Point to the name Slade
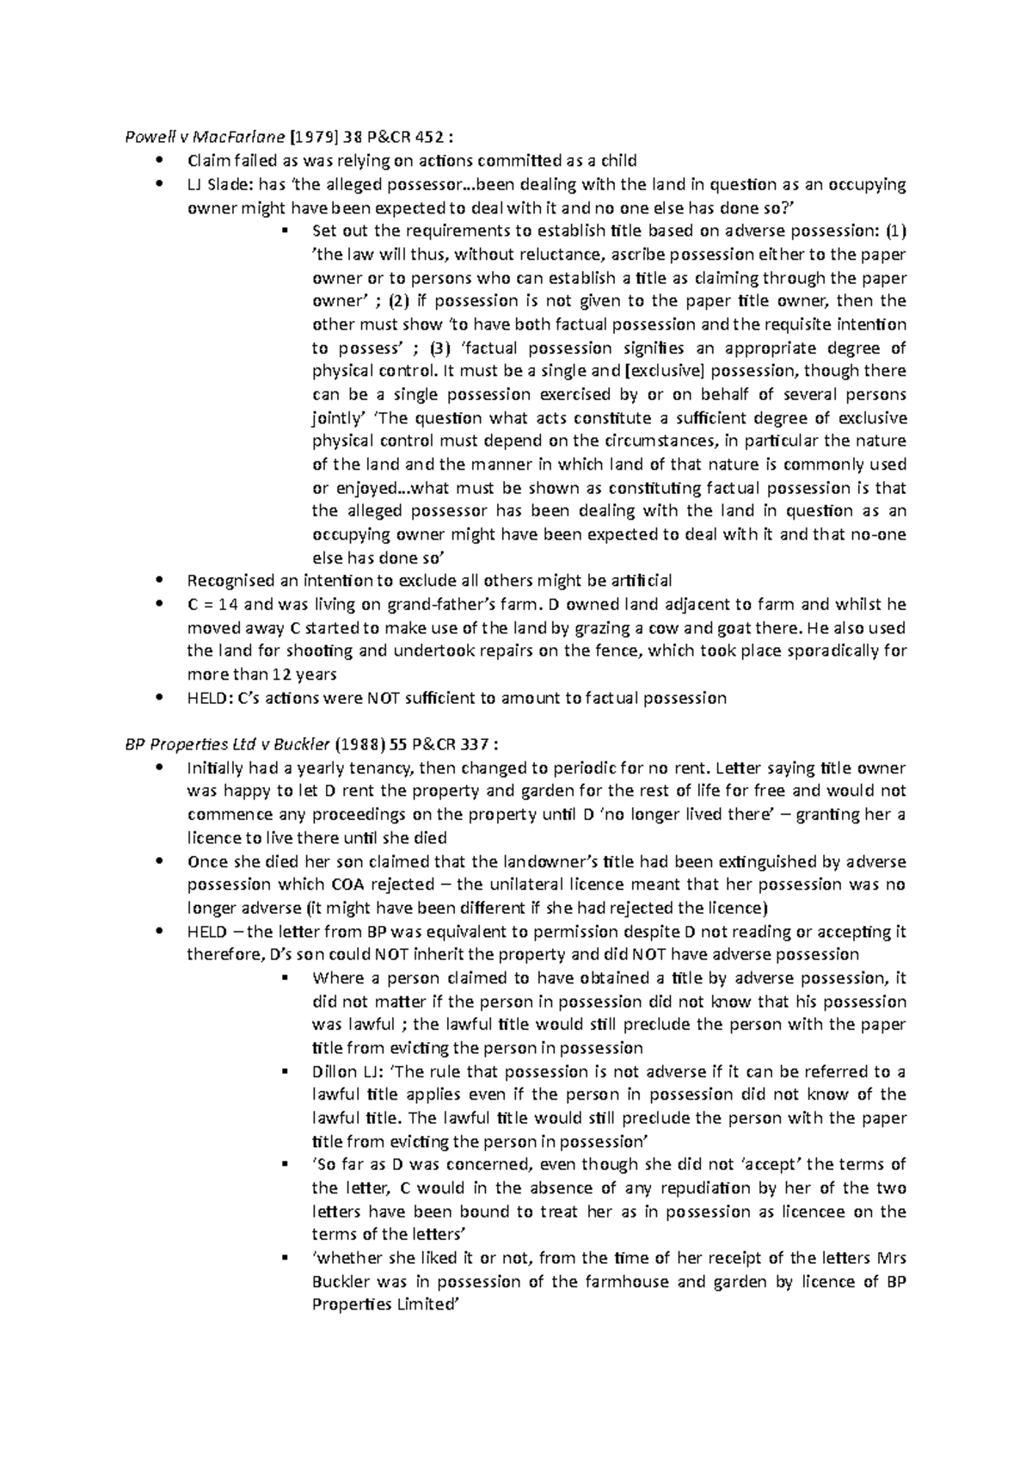click(225, 184)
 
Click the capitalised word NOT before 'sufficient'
click(382, 698)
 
